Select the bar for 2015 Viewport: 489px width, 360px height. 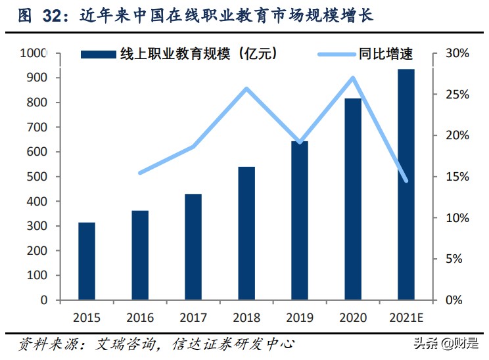(87, 261)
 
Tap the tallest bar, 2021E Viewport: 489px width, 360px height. (406, 185)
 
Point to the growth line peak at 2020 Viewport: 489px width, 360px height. (353, 78)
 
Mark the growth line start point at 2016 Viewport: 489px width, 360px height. (140, 173)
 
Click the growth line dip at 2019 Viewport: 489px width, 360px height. (300, 142)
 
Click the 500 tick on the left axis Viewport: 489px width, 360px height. (39, 177)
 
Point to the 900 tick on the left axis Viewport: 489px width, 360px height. (39, 78)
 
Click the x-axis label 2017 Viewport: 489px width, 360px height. (193, 318)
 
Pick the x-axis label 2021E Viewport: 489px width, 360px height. (407, 318)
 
